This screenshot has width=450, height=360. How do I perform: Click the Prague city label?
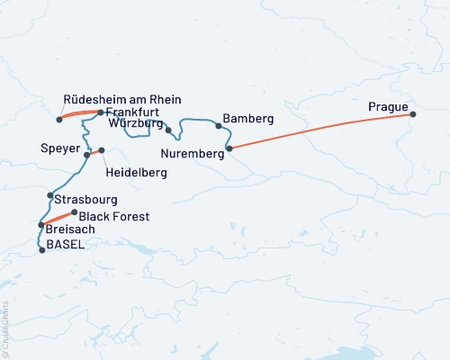click(388, 108)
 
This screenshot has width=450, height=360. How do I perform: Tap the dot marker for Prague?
click(413, 114)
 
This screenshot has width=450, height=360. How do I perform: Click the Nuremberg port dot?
click(229, 148)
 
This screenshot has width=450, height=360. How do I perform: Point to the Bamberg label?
click(247, 119)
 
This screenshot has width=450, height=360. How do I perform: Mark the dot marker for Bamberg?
click(219, 126)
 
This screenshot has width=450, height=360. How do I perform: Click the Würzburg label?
click(135, 122)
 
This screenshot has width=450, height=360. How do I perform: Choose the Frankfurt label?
click(132, 112)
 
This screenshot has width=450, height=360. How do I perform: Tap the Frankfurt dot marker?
click(99, 112)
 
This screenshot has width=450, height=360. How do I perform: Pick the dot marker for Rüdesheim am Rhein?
click(58, 119)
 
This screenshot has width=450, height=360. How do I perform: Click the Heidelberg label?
click(136, 171)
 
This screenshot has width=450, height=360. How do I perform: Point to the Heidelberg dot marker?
click(102, 150)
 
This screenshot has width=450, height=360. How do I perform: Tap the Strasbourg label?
click(85, 197)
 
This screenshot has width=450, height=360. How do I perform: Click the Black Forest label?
click(114, 217)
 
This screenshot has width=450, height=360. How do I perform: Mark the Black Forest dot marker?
click(75, 212)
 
